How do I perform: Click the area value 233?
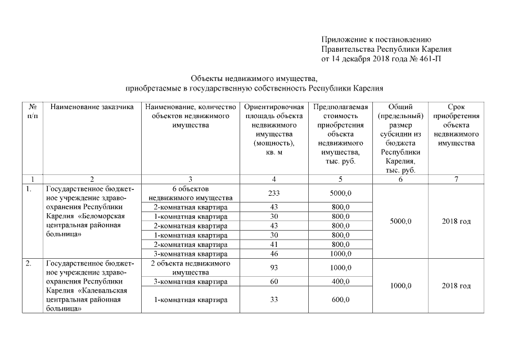(x=274, y=193)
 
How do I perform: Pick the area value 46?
(x=274, y=254)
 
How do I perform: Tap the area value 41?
(x=274, y=245)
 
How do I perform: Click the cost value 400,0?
(x=340, y=281)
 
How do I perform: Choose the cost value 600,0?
(x=340, y=300)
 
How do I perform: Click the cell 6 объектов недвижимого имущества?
(x=190, y=193)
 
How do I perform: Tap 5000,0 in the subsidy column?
(x=400, y=221)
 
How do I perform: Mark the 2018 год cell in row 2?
(x=456, y=286)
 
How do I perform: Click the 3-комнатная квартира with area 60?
(x=190, y=281)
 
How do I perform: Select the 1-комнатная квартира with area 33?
(x=190, y=300)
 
